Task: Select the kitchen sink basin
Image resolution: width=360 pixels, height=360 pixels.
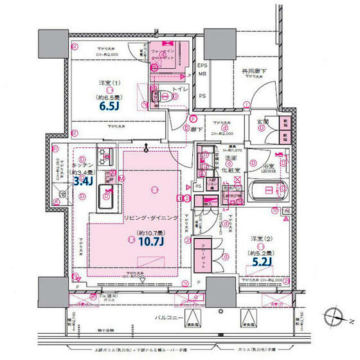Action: point(105,204)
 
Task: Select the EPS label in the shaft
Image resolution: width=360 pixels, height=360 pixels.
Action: point(202,66)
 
